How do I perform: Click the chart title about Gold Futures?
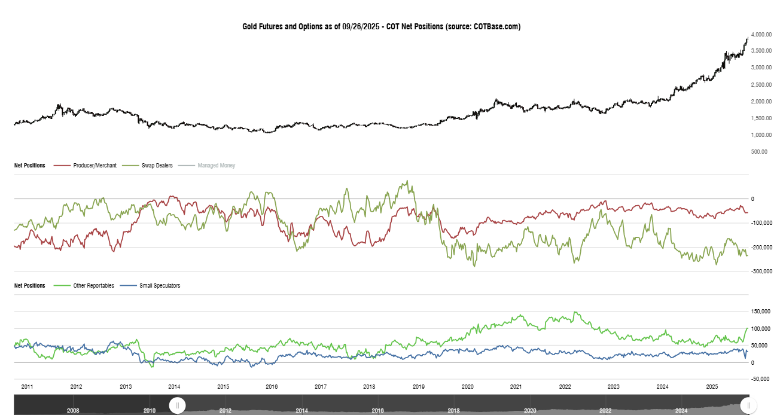pyautogui.click(x=381, y=26)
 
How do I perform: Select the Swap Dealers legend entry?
pyautogui.click(x=156, y=165)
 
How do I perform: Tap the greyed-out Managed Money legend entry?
pyautogui.click(x=216, y=165)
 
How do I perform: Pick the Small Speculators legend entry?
pyautogui.click(x=159, y=286)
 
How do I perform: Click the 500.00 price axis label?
pyautogui.click(x=760, y=152)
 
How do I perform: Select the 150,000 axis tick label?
pyautogui.click(x=761, y=312)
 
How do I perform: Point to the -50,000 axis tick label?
pyautogui.click(x=761, y=379)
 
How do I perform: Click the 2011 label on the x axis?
pyautogui.click(x=27, y=387)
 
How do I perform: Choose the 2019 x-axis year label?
pyautogui.click(x=418, y=387)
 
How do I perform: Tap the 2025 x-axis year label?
pyautogui.click(x=711, y=387)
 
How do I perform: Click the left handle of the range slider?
pyautogui.click(x=177, y=405)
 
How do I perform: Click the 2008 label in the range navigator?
pyautogui.click(x=73, y=411)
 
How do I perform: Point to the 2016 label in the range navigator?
pyautogui.click(x=377, y=411)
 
